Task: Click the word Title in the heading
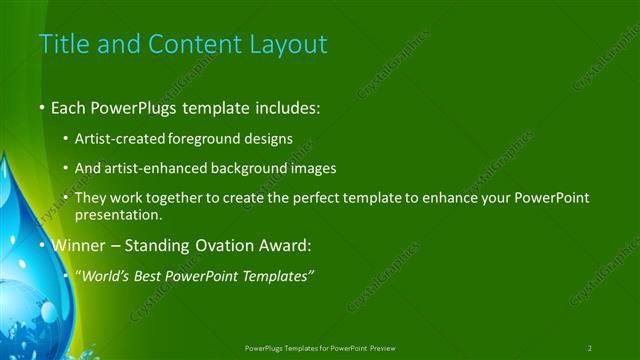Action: coord(62,44)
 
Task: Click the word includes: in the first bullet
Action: coord(284,105)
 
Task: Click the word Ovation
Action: coord(211,245)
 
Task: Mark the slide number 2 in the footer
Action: coord(589,348)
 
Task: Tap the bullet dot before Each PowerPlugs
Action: coord(42,106)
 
